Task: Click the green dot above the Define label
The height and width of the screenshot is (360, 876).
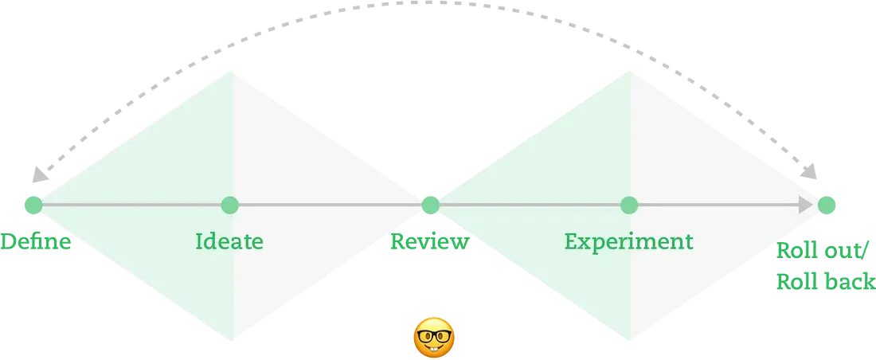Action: tap(33, 205)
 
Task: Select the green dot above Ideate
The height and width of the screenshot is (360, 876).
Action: tap(229, 205)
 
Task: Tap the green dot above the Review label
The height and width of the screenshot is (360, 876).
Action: tap(430, 205)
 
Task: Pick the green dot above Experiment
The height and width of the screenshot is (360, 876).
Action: tap(629, 205)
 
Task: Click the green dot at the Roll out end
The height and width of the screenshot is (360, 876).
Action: tap(827, 205)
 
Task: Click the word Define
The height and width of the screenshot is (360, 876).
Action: tap(35, 242)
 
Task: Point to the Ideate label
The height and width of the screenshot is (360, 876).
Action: tap(229, 241)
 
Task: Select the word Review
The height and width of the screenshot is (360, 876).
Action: tap(428, 242)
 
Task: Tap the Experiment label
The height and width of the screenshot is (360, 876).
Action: tap(629, 241)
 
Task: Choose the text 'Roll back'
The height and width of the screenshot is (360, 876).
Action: tap(826, 281)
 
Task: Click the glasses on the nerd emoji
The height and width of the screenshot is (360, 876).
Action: tap(435, 335)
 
